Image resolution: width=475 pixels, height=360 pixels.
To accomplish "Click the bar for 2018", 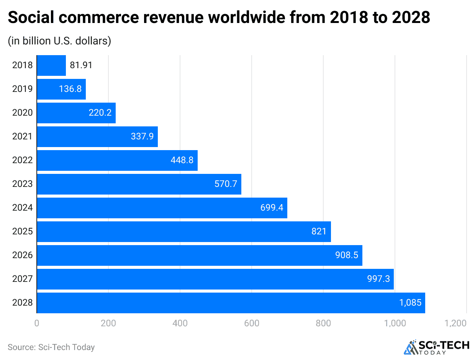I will pyautogui.click(x=51, y=65).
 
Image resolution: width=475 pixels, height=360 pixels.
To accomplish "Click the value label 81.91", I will pyautogui.click(x=81, y=65).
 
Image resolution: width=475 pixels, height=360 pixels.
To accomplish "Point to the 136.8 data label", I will pyautogui.click(x=70, y=89).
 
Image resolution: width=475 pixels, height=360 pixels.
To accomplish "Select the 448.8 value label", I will pyautogui.click(x=182, y=160).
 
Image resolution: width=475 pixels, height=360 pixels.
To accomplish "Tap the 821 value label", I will pyautogui.click(x=319, y=232).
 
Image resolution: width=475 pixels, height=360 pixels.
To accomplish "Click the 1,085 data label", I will pyautogui.click(x=410, y=303).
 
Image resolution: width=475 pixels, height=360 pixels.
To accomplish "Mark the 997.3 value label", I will pyautogui.click(x=378, y=279).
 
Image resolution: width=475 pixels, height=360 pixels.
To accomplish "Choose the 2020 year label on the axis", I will pyautogui.click(x=23, y=113).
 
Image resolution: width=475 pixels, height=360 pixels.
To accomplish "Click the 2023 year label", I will pyautogui.click(x=23, y=184).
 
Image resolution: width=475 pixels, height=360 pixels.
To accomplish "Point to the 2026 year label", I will pyautogui.click(x=23, y=255).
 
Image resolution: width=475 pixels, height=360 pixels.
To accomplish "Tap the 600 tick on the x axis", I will pyautogui.click(x=252, y=323).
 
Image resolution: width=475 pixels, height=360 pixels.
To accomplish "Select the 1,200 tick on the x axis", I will pyautogui.click(x=456, y=323).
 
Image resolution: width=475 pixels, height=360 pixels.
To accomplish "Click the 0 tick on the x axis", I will pyautogui.click(x=37, y=323).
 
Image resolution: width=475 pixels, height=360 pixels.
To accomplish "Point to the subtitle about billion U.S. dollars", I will pyautogui.click(x=59, y=41).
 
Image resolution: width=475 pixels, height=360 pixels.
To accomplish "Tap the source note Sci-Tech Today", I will pyautogui.click(x=51, y=347).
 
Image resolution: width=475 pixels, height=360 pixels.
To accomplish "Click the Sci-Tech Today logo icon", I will pyautogui.click(x=411, y=347).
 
